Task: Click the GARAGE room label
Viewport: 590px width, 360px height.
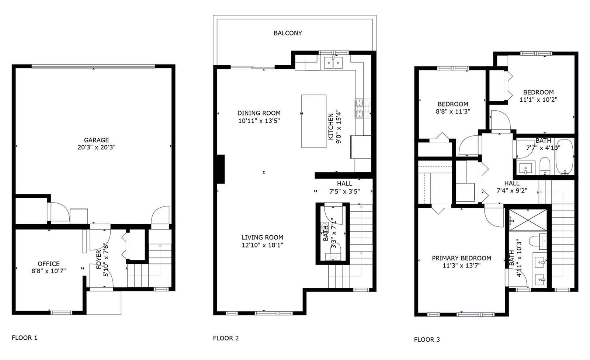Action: pyautogui.click(x=96, y=140)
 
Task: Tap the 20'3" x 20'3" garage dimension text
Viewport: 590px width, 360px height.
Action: pyautogui.click(x=96, y=147)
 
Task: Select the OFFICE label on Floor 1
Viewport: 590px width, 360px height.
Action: pyautogui.click(x=49, y=264)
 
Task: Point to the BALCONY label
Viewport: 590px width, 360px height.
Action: pyautogui.click(x=288, y=33)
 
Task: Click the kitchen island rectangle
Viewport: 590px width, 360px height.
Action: pyautogui.click(x=314, y=121)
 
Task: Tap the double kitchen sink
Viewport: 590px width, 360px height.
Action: pyautogui.click(x=333, y=62)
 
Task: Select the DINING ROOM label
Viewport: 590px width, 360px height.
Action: pyautogui.click(x=259, y=113)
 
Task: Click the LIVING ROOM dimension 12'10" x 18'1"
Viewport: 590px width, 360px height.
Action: pyautogui.click(x=262, y=245)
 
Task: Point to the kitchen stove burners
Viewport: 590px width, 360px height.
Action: pyautogui.click(x=363, y=108)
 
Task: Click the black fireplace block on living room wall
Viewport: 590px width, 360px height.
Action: pyautogui.click(x=221, y=169)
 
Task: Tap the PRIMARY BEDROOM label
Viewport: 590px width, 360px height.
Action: pyautogui.click(x=461, y=258)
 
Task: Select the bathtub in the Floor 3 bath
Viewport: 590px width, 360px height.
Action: pyautogui.click(x=564, y=157)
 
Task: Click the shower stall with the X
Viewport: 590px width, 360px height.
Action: pyautogui.click(x=528, y=220)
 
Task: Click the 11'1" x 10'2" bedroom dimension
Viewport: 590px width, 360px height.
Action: pyautogui.click(x=538, y=100)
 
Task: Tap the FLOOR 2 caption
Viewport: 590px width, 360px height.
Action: pyautogui.click(x=226, y=338)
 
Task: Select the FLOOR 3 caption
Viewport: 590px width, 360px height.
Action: pyautogui.click(x=427, y=339)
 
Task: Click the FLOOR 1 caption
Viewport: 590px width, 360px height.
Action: pyautogui.click(x=24, y=337)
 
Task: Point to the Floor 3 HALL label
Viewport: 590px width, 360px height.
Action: pyautogui.click(x=512, y=183)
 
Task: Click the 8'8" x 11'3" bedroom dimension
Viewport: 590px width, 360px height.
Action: pyautogui.click(x=453, y=111)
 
